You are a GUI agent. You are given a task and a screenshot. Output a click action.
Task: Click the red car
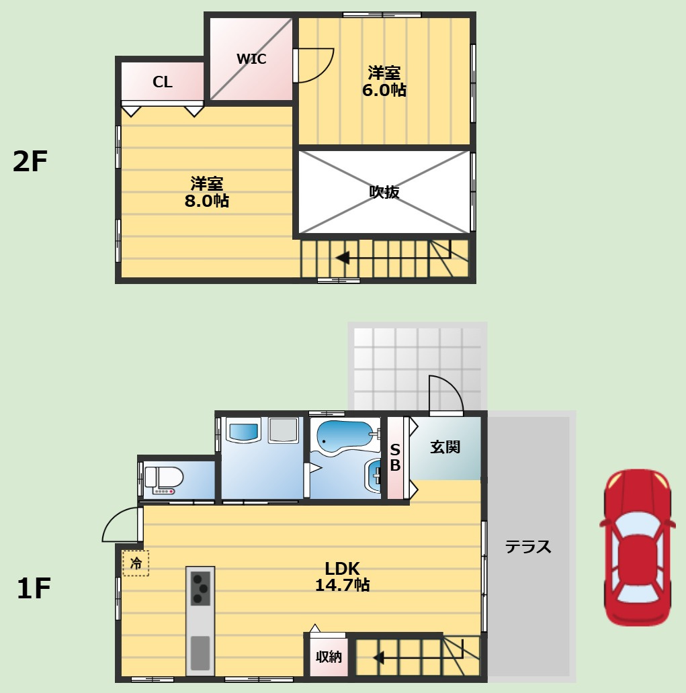tap(637, 547)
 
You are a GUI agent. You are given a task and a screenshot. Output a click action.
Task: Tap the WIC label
tap(251, 59)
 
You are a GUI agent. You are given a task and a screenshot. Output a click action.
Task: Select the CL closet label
tap(163, 82)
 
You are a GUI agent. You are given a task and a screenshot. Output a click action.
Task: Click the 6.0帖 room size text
tap(384, 90)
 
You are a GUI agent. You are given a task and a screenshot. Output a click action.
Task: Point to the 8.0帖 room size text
tap(206, 201)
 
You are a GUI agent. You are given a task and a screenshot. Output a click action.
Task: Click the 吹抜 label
tap(384, 192)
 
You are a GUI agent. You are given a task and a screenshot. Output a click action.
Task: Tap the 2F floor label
tap(30, 161)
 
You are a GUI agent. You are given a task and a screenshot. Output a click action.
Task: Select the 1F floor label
tap(34, 588)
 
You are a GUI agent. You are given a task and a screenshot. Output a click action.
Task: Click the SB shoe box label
tap(395, 457)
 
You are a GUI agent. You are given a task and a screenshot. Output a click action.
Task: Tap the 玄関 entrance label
tap(445, 447)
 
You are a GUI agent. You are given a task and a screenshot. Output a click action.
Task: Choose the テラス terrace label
tap(528, 547)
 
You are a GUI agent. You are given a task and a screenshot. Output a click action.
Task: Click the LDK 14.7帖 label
tap(343, 576)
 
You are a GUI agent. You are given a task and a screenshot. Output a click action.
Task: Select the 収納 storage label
tap(329, 657)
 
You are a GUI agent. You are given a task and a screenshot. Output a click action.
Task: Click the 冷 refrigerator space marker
tap(136, 563)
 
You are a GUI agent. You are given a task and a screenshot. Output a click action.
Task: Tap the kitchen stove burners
tap(200, 588)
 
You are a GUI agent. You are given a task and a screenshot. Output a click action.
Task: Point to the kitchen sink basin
tap(200, 653)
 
